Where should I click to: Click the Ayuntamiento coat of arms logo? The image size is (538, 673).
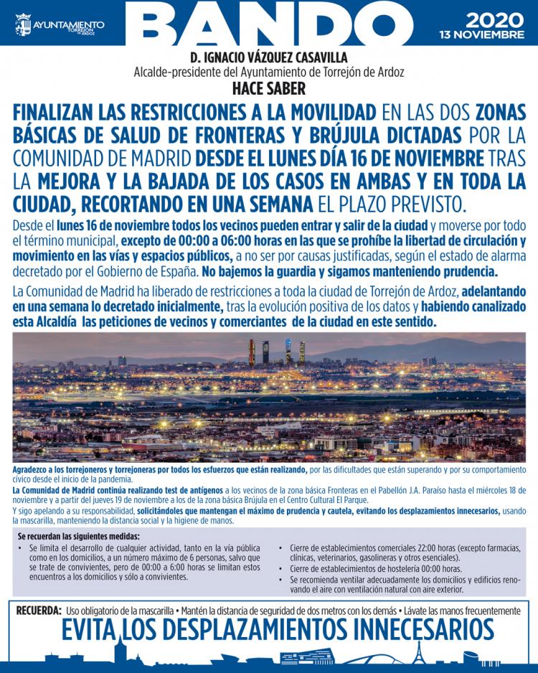(23, 25)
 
